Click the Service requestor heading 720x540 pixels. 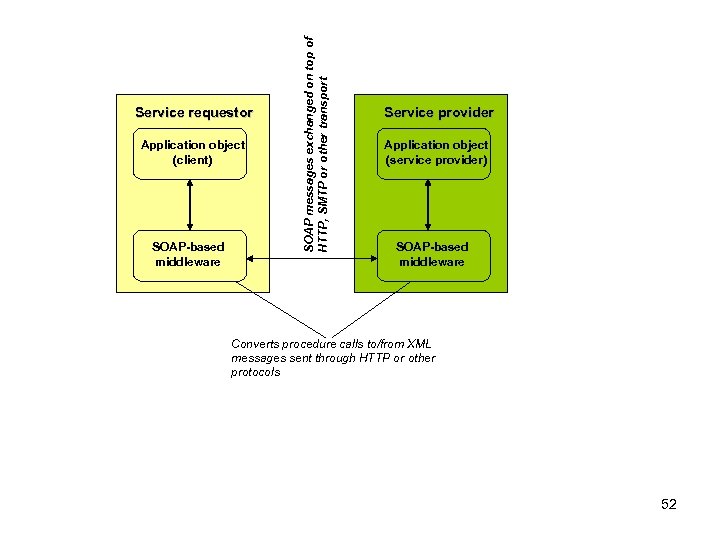click(x=193, y=113)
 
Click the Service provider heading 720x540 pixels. click(x=431, y=113)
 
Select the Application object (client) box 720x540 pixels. click(x=193, y=153)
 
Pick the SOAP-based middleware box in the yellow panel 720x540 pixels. click(x=188, y=254)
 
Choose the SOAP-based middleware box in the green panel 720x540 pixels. click(x=431, y=254)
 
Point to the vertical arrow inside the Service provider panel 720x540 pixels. click(x=428, y=206)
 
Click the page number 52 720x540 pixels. click(x=669, y=504)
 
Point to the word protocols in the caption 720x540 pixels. click(x=256, y=372)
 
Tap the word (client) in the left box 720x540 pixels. click(x=192, y=160)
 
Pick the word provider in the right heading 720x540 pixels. click(x=462, y=113)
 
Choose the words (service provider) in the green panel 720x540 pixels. click(x=436, y=160)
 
